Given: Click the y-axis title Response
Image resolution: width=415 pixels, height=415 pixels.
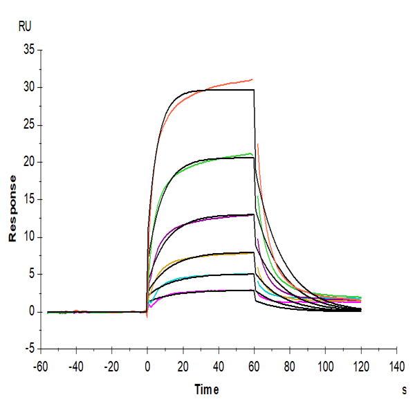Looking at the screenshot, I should coord(12,207).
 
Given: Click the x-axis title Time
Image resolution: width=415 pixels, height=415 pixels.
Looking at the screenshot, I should coord(205,390).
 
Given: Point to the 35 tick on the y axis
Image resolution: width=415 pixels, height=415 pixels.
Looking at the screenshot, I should coord(28,50).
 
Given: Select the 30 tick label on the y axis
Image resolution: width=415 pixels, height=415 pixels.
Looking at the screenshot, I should coord(28,87).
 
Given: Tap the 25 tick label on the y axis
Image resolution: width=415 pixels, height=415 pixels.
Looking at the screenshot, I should coord(28,124).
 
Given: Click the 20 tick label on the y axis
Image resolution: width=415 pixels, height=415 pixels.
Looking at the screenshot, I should coord(28,162).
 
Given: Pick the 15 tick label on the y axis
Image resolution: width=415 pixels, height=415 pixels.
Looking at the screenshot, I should coord(28,199).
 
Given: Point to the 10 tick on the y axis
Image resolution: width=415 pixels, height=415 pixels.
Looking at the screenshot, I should coord(28,237).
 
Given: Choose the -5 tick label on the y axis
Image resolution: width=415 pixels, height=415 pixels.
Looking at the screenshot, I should coord(30,349).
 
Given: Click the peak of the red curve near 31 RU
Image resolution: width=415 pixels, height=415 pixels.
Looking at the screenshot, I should coord(252,80).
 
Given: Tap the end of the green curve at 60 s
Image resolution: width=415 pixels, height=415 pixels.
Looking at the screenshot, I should coord(252,154).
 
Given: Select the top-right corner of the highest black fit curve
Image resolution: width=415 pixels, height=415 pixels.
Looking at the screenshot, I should coord(254,90).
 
